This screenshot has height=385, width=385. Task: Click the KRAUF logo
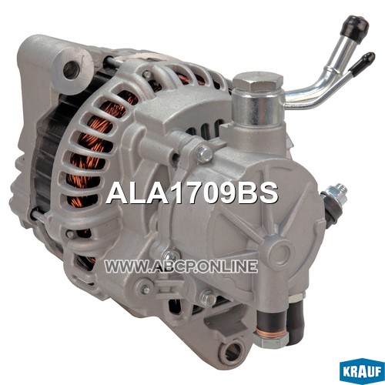(x=363, y=372)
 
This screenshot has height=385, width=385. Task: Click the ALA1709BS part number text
(x=192, y=193)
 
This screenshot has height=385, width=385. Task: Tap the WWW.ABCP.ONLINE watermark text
(x=181, y=266)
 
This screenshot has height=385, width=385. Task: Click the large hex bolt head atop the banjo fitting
(x=258, y=82)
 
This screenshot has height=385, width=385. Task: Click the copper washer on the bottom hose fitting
(x=269, y=333)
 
